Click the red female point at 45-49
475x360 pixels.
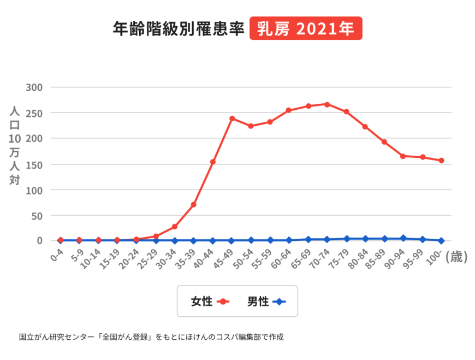[x=231, y=119]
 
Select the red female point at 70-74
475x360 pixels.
[x=327, y=104]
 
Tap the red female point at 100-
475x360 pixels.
[x=441, y=161]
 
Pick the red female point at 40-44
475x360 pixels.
[x=212, y=162]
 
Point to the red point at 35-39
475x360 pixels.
[x=193, y=204]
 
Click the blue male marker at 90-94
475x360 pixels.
[x=403, y=238]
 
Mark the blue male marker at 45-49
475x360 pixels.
[x=231, y=240]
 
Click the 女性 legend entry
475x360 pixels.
[x=210, y=301]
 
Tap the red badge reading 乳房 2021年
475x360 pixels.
[x=305, y=28]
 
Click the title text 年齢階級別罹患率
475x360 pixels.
[x=177, y=28]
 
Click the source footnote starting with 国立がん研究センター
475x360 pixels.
[x=151, y=337]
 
